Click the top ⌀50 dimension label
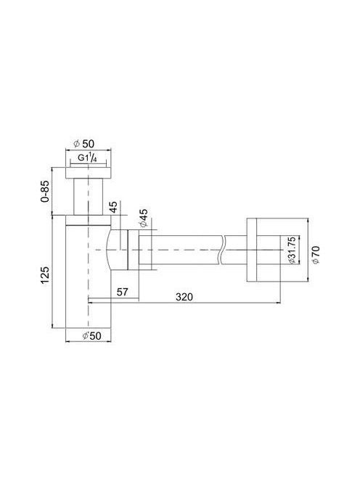click(x=84, y=143)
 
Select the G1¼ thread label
click(x=88, y=158)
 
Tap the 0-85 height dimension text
click(x=45, y=191)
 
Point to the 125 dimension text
click(x=45, y=276)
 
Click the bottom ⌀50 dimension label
click(x=91, y=335)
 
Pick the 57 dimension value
click(x=123, y=292)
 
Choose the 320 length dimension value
click(x=184, y=297)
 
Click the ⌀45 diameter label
click(x=143, y=218)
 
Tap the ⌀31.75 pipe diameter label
click(x=292, y=250)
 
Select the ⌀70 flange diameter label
click(x=316, y=255)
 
